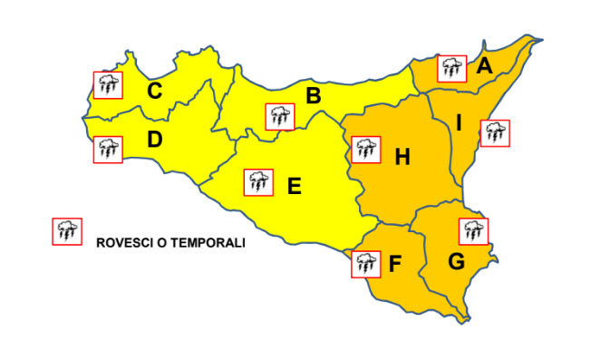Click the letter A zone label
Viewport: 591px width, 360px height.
click(484, 66)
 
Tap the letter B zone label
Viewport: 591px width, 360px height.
click(314, 95)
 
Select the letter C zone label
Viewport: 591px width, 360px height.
click(155, 91)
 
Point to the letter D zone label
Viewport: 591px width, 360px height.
click(155, 141)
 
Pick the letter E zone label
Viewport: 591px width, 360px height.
click(294, 187)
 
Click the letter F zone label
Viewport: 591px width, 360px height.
click(394, 265)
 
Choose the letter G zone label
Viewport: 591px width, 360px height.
click(456, 263)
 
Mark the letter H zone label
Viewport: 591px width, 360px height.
click(402, 158)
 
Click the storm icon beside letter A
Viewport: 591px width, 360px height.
click(451, 68)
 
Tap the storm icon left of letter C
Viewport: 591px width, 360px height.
click(108, 85)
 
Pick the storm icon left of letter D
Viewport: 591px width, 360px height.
click(108, 149)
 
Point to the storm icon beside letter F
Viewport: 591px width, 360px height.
click(365, 264)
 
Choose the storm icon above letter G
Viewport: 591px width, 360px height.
click(472, 231)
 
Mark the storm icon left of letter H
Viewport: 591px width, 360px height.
click(365, 150)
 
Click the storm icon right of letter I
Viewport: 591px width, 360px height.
click(495, 132)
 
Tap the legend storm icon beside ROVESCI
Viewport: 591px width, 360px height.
click(66, 231)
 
